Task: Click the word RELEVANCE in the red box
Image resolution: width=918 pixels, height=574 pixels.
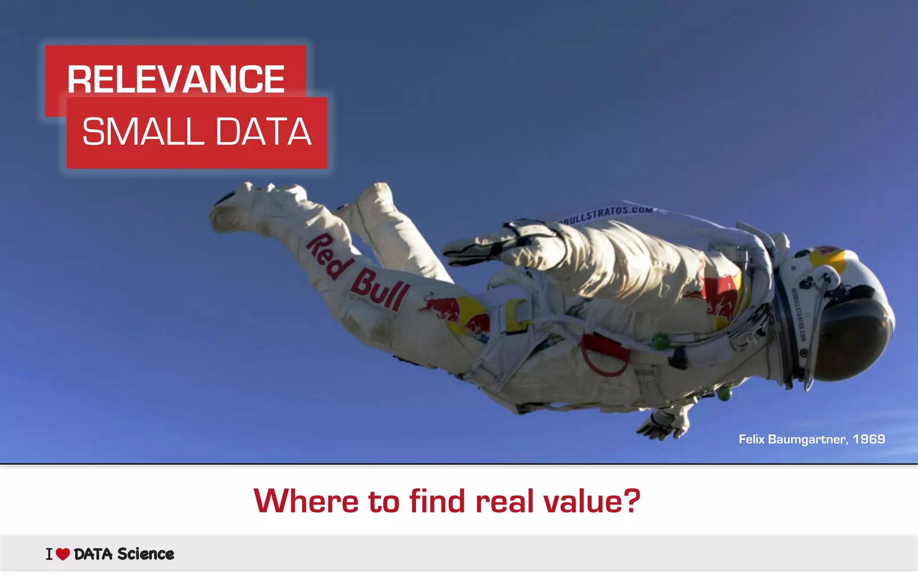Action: pos(176,79)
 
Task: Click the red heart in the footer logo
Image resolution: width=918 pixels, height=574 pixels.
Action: pos(63,554)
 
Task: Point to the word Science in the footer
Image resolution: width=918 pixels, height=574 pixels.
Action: pos(146,554)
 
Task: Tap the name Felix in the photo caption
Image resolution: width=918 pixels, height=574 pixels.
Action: pos(751,439)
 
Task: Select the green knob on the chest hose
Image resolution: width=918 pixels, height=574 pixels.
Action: pos(660,342)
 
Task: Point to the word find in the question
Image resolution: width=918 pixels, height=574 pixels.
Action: pos(437,501)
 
